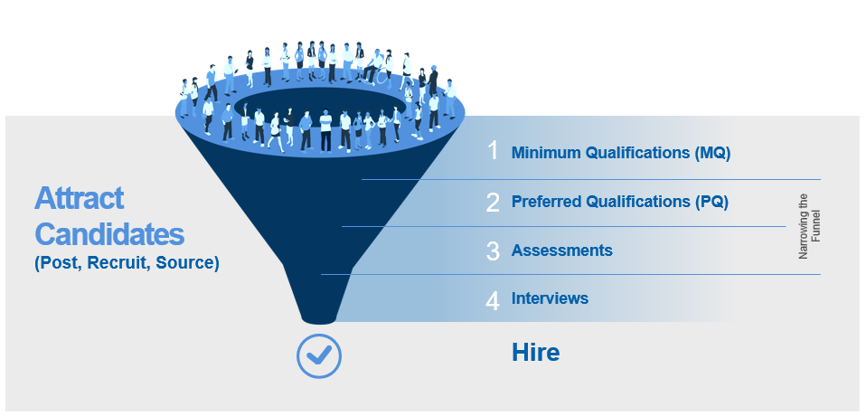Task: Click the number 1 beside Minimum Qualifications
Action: tap(493, 151)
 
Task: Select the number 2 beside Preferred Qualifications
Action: tap(493, 202)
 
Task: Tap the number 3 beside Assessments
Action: tap(493, 251)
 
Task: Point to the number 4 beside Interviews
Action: tap(493, 299)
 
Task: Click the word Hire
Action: tap(535, 353)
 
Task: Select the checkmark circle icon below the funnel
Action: tap(319, 355)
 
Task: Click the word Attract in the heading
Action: tap(80, 199)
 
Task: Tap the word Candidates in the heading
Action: tap(109, 235)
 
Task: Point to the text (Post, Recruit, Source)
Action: tap(127, 264)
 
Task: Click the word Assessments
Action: tap(561, 251)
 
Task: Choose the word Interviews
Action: tap(550, 298)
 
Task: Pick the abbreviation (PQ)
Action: tap(711, 202)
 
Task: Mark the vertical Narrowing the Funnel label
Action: tap(809, 227)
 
